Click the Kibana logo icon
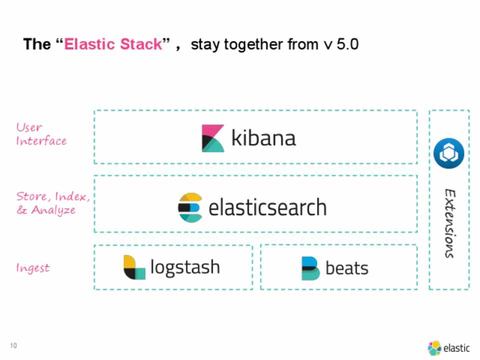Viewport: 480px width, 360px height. pos(213,138)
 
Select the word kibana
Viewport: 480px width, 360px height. pos(263,138)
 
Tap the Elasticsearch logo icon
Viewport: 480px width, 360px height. pos(190,207)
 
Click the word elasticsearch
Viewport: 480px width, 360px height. pos(267,207)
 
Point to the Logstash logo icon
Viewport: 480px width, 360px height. pos(134,267)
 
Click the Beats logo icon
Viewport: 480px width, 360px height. pos(310,268)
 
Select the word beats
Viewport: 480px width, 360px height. pos(347,268)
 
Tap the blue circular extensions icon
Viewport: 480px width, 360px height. pos(449,153)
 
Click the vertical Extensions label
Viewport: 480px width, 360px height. pos(449,223)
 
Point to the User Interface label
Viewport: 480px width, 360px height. pos(41,134)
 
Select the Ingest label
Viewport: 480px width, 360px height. pos(33,268)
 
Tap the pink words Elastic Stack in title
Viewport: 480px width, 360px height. pos(113,44)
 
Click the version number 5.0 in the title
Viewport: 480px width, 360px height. pos(348,44)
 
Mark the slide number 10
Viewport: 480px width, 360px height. pos(13,345)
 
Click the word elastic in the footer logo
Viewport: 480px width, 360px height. pos(456,348)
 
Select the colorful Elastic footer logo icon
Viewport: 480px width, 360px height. pos(434,348)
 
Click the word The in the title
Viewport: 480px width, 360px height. pos(36,44)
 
